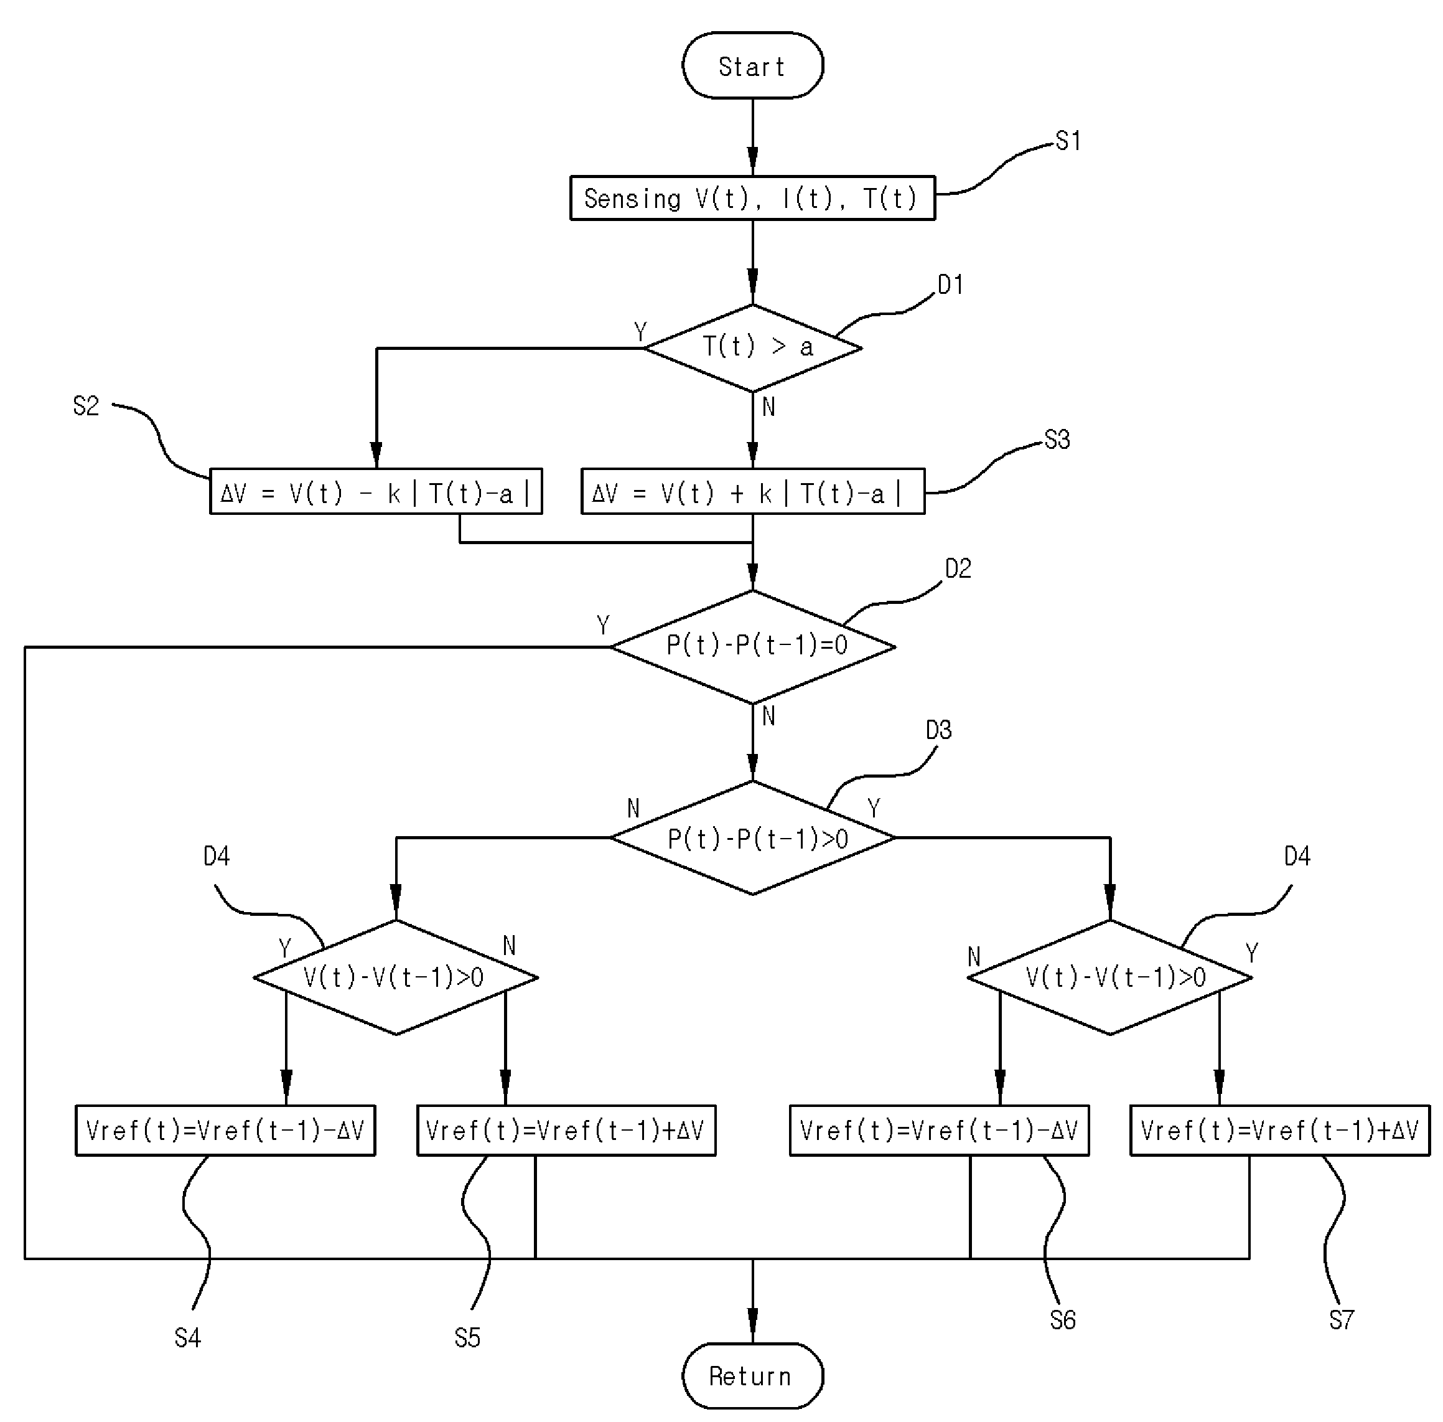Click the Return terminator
(x=752, y=1376)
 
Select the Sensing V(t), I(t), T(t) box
(x=752, y=198)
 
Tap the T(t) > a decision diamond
(x=752, y=347)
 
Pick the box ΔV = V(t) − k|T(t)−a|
(x=375, y=491)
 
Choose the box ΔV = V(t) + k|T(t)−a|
(x=752, y=491)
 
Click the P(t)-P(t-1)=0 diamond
(x=752, y=647)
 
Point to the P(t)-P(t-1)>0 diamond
(x=752, y=837)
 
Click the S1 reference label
(x=1068, y=141)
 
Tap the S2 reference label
(x=86, y=405)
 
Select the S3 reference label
(x=1057, y=439)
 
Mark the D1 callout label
(x=950, y=285)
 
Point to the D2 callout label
(x=958, y=568)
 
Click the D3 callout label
(x=938, y=730)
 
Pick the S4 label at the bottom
(x=187, y=1337)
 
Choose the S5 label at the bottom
(x=467, y=1337)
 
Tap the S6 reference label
(x=1063, y=1320)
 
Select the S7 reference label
(x=1342, y=1320)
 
